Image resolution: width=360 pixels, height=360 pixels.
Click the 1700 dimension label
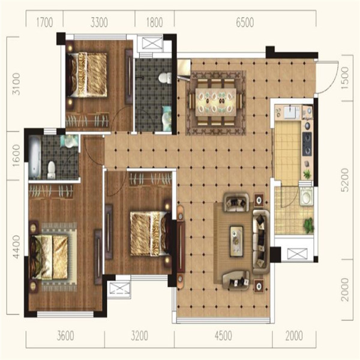(45, 23)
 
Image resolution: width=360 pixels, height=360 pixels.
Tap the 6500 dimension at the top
(245, 23)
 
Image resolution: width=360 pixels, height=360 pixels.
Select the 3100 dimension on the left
(16, 84)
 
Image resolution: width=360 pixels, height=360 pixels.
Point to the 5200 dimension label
(345, 180)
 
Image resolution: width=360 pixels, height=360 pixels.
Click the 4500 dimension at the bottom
(223, 336)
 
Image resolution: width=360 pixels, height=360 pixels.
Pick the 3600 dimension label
(65, 336)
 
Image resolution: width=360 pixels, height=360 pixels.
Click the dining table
(216, 103)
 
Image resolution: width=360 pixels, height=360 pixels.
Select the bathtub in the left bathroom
(35, 157)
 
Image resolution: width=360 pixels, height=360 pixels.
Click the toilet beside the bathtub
(52, 170)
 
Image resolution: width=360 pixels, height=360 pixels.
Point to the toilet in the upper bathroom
(166, 78)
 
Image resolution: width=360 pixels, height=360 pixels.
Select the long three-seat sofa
(261, 242)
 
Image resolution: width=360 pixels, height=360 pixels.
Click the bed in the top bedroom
(86, 75)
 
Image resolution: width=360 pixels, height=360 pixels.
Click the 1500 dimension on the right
(345, 76)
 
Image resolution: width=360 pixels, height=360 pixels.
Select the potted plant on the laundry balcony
(308, 226)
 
